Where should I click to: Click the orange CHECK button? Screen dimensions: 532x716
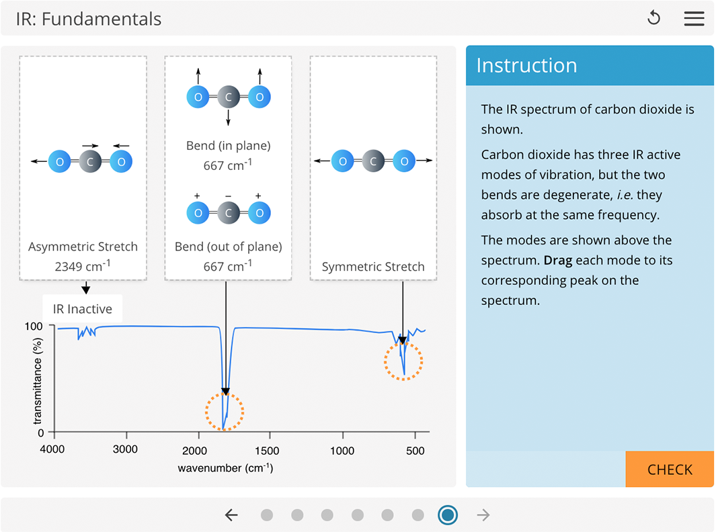coord(669,470)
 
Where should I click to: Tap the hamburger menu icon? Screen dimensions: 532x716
coord(694,18)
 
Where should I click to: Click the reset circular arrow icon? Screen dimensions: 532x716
coord(653,18)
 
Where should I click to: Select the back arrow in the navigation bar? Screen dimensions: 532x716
coord(231,515)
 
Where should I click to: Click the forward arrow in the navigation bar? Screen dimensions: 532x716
coord(483,515)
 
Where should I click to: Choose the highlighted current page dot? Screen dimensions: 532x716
coord(448,515)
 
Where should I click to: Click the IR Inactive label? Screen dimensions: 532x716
coord(83,310)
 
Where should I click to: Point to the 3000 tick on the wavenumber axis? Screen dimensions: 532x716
coord(125,449)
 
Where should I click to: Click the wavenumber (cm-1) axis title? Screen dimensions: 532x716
coord(225,468)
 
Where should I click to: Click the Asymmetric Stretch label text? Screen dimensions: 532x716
coord(83,247)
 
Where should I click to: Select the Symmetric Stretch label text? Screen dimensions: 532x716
coord(373,267)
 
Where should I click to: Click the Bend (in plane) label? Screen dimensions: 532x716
coord(228,146)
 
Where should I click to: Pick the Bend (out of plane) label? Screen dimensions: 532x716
coord(228,247)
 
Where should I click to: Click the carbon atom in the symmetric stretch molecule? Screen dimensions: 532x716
coord(373,161)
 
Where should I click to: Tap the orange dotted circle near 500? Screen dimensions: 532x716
coord(403,361)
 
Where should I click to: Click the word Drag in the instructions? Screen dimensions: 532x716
coord(558,260)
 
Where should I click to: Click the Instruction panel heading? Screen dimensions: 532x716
coord(526,65)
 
